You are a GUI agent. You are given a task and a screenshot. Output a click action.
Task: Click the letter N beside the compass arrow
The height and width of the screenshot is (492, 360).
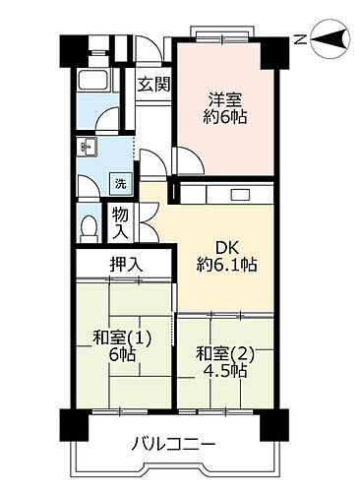(299, 39)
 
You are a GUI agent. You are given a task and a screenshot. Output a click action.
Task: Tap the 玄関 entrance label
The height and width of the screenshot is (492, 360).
(152, 84)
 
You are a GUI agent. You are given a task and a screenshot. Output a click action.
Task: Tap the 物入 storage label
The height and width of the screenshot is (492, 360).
(119, 222)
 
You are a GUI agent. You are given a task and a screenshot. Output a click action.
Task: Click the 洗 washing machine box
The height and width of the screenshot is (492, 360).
(119, 183)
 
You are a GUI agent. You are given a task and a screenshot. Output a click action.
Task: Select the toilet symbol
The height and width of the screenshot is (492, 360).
(89, 226)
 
